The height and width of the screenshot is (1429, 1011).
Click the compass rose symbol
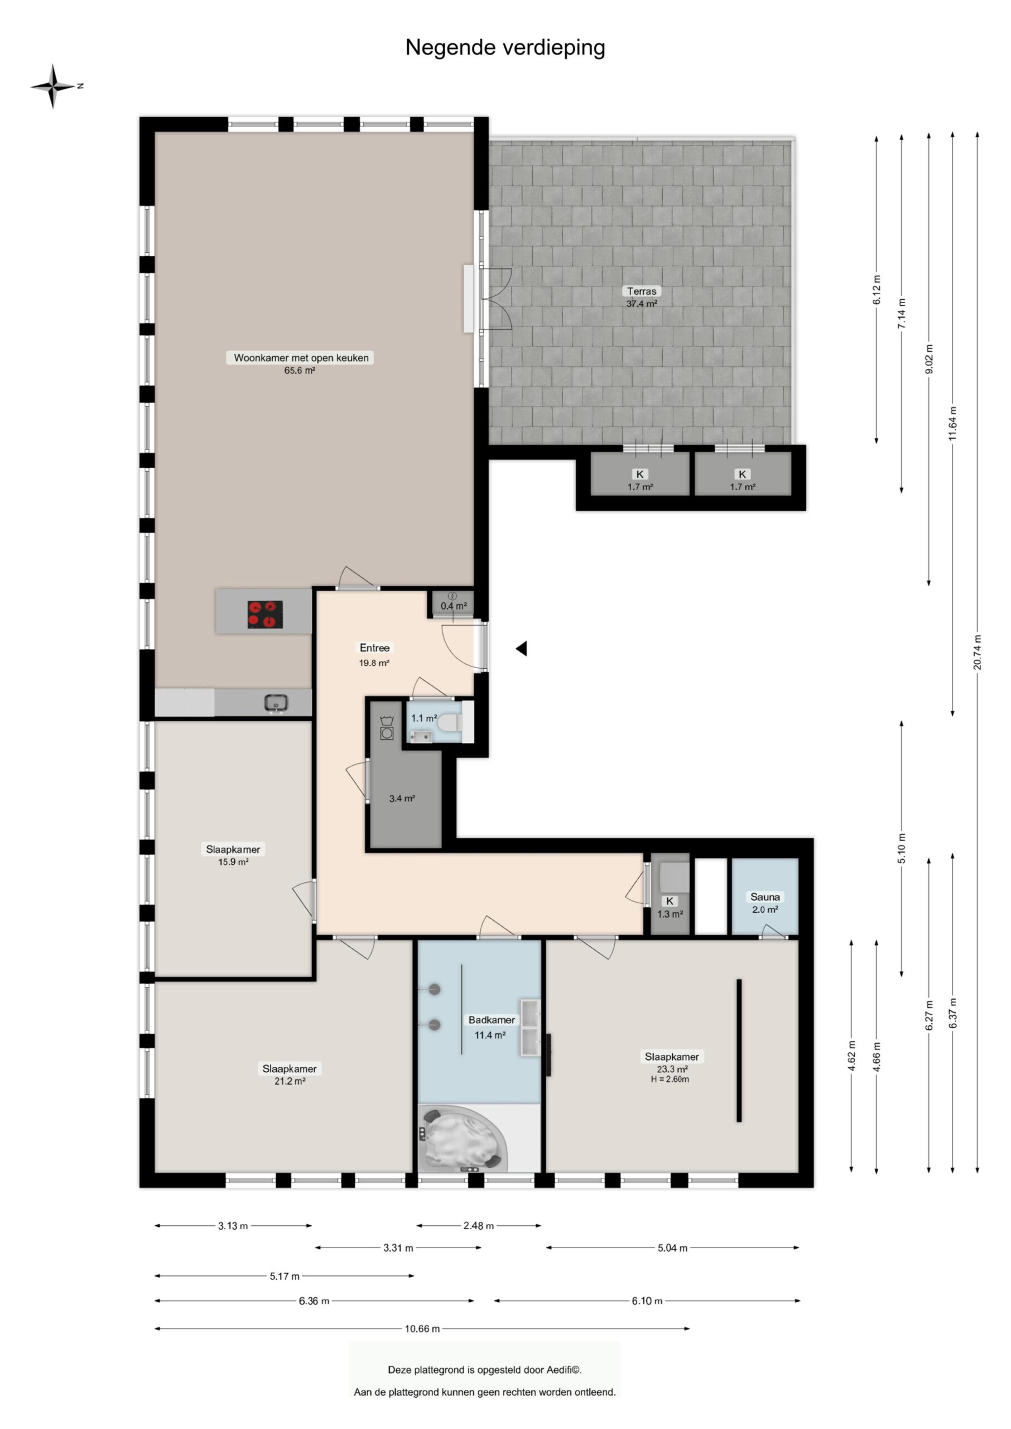[54, 86]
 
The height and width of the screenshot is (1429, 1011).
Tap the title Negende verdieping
[505, 47]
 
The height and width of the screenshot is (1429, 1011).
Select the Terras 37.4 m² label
[641, 297]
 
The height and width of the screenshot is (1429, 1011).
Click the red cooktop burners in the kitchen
[264, 614]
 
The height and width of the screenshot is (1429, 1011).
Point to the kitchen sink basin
[275, 703]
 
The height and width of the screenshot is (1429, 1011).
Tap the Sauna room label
[764, 902]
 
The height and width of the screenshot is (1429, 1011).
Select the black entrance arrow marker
[522, 648]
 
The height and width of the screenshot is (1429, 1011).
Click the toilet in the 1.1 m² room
[450, 722]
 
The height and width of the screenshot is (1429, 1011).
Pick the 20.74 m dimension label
[977, 653]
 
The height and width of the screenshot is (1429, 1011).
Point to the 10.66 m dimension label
[422, 1329]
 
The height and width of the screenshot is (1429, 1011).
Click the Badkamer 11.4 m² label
[490, 1027]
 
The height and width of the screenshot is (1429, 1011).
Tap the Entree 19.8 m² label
[374, 654]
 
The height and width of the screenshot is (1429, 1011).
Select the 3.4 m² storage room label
[402, 798]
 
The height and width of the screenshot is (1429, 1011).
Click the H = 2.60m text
[670, 1079]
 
